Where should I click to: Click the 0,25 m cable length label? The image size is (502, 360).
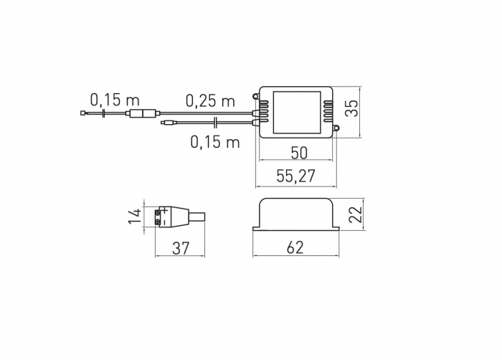[x=210, y=100]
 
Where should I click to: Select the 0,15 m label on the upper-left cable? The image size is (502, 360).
[x=114, y=99]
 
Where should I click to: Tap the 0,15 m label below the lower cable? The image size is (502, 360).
[x=214, y=141]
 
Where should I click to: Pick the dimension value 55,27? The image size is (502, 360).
[x=295, y=176]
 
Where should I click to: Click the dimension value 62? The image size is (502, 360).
[x=295, y=247]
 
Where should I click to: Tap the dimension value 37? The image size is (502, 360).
[x=181, y=247]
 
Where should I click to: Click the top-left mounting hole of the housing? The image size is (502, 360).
[x=257, y=93]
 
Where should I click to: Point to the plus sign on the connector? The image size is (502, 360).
[x=165, y=211]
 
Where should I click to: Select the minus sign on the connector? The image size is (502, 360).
[x=165, y=223]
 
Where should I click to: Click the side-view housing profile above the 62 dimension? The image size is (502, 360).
[x=295, y=214]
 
